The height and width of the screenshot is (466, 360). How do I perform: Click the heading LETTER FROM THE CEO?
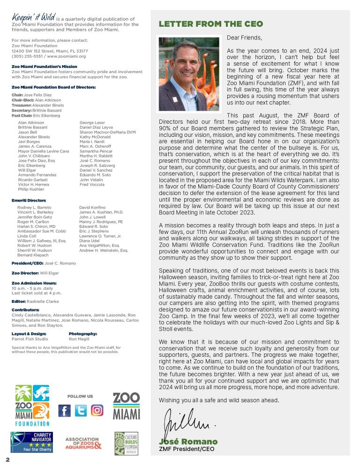pos(210,24)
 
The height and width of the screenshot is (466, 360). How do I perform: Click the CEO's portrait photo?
pos(189,74)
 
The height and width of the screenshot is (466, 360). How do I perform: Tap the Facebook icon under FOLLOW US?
pos(65,411)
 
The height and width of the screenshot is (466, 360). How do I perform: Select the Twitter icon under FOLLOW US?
pos(81,411)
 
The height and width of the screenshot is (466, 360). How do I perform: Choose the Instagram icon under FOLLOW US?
pos(97,411)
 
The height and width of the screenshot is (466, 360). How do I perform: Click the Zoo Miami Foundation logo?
pos(32,405)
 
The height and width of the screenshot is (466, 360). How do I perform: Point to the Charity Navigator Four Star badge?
pos(32,442)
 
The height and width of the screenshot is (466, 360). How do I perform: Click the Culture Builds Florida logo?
pos(126,443)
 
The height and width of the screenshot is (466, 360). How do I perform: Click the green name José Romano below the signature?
pos(188,442)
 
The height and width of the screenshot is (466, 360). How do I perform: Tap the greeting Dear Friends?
pos(244,38)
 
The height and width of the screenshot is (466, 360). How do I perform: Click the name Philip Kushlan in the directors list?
pos(31,189)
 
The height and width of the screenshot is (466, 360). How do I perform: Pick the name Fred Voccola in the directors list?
pos(92,185)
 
